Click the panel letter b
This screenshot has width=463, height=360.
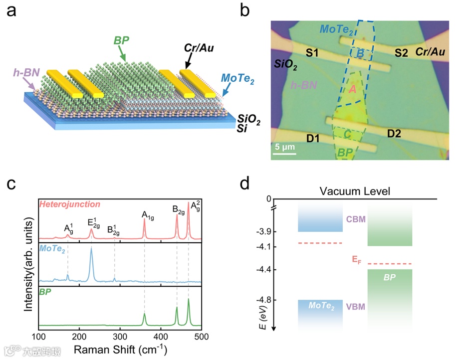pos(245,11)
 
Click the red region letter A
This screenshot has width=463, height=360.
pos(352,89)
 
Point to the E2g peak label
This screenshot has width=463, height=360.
pos(91,222)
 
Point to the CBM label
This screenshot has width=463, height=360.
pos(355,220)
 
